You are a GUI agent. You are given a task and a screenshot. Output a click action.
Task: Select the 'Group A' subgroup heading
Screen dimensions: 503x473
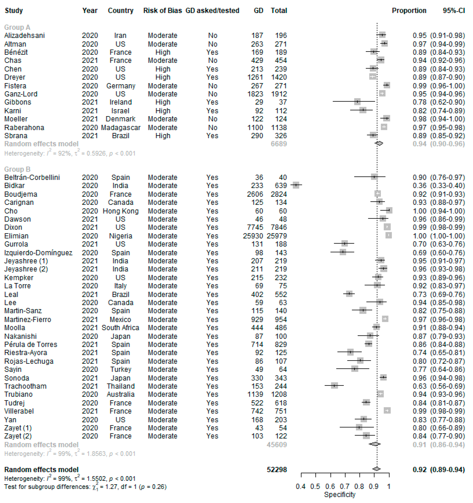[17, 27]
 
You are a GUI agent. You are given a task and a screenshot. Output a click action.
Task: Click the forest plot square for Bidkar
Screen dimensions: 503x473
[296, 185]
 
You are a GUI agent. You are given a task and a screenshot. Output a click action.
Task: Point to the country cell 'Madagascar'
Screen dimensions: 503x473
[121, 128]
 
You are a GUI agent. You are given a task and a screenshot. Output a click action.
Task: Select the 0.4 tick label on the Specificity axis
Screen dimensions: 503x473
[301, 486]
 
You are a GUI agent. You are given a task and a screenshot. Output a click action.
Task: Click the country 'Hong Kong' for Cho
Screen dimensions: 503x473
[121, 211]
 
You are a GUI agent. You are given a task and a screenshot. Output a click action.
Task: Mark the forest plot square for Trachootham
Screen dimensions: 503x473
[334, 386]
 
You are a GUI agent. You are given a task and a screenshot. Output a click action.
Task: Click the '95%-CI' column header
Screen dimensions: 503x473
[454, 11]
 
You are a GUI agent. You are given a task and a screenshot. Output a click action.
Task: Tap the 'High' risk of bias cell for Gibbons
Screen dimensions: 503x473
[163, 102]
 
